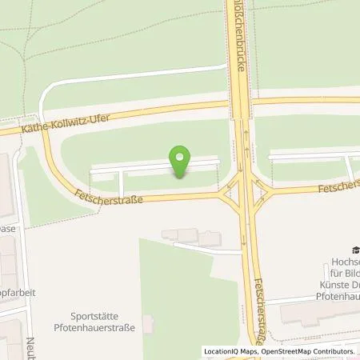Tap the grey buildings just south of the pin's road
(190, 236)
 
